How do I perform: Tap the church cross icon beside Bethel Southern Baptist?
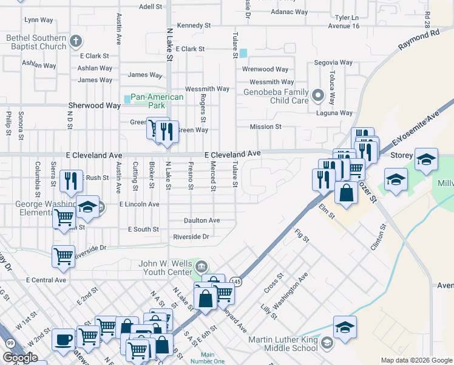tap(75, 42)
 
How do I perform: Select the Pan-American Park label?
tap(157, 101)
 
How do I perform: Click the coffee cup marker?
tap(63, 339)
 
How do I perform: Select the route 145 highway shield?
tap(235, 281)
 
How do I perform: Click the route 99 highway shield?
tap(10, 344)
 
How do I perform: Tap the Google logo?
tap(20, 358)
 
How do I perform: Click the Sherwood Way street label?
tap(94, 105)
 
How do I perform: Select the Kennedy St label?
tap(194, 26)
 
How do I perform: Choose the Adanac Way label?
tap(290, 12)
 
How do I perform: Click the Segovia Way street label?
tap(333, 63)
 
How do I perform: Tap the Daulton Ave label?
tap(202, 220)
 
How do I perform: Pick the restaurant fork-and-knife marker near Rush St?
tap(70, 181)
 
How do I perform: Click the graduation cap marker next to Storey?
tap(426, 159)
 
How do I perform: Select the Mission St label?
tap(266, 127)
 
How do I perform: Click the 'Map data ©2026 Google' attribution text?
tap(416, 360)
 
